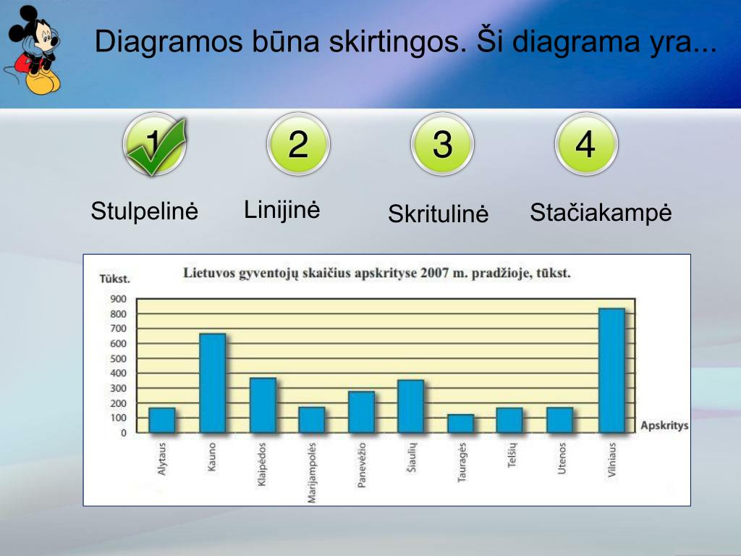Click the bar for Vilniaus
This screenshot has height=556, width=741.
point(611,371)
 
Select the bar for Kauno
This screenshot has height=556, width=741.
point(212,383)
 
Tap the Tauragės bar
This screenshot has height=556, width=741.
point(460,424)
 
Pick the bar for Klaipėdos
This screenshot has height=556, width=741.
point(263,405)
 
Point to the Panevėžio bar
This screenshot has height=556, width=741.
point(361,412)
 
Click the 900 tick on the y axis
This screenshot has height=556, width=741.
point(119,299)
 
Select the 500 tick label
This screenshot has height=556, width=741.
point(119,358)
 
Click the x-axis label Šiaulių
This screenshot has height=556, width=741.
point(411,458)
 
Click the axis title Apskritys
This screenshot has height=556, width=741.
point(664,426)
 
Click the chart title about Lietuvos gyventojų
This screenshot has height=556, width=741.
point(376,274)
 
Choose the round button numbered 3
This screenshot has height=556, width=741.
point(442,143)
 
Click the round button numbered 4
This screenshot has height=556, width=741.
point(585,143)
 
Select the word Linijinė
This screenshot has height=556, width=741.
point(281,209)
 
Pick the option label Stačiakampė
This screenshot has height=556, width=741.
point(601,213)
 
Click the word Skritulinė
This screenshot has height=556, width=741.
point(438,214)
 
